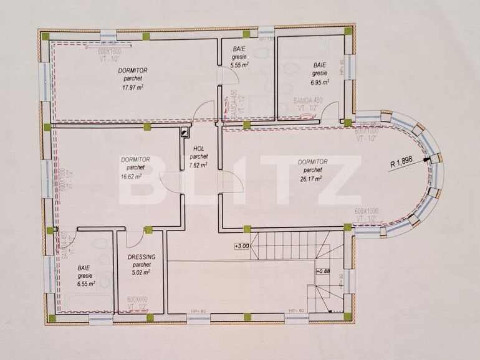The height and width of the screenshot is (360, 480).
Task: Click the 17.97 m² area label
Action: tap(132, 88)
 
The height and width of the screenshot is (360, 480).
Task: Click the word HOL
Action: tap(198, 149)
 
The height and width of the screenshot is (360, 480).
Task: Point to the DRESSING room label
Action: tap(141, 257)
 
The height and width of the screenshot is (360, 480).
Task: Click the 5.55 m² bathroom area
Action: tap(239, 64)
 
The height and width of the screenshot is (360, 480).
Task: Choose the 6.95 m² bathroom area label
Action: tap(320, 82)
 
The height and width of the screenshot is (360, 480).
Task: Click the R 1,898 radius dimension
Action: tap(401, 164)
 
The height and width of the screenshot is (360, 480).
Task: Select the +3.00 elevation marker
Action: tap(242, 246)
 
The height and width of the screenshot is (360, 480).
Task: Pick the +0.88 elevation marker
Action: tap(323, 271)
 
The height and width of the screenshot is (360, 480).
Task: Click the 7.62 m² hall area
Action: tap(198, 165)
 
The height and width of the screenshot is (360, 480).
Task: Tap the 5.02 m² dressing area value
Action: tap(141, 272)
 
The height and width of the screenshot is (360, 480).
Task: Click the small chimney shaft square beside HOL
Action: tap(185, 131)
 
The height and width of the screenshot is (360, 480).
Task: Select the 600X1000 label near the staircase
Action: tap(367, 212)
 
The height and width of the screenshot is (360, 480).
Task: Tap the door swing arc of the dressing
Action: tap(135, 239)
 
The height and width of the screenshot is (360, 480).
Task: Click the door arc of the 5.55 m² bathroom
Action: tap(228, 77)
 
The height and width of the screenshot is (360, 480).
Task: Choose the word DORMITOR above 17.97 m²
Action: tap(132, 70)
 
